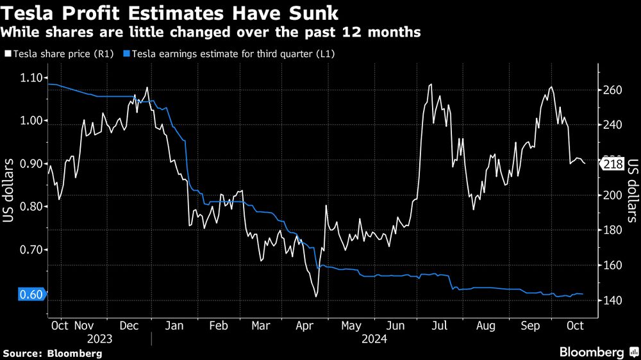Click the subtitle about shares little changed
tap(212, 32)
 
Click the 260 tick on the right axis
tap(614, 90)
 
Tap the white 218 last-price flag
tap(614, 165)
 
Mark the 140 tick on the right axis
tap(614, 300)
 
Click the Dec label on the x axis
tap(130, 326)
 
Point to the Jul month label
tap(440, 326)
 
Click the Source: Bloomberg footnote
tap(53, 353)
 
